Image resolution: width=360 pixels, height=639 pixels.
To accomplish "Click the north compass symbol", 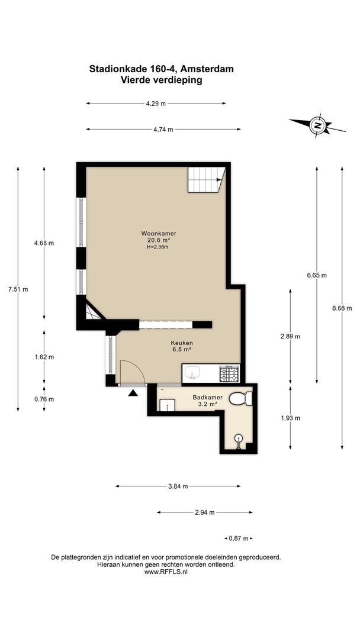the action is [317, 125].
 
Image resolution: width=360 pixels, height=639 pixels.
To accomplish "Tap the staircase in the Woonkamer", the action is [206, 180].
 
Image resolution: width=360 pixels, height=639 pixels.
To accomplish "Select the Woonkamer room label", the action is [159, 234].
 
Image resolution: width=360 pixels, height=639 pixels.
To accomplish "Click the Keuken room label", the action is [182, 343].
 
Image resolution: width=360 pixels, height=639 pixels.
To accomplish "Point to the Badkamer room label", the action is [207, 398].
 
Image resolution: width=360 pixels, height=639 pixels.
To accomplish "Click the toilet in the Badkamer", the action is [240, 398].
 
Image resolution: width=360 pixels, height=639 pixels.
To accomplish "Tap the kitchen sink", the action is [192, 373].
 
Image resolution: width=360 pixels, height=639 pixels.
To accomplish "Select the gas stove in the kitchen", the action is [229, 374].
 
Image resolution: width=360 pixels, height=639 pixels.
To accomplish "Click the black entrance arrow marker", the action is [133, 393].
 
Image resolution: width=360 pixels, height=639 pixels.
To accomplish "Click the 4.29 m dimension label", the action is [156, 104].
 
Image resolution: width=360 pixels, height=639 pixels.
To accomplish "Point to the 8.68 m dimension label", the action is [342, 308].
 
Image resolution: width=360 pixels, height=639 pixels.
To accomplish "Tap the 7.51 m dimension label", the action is [18, 290].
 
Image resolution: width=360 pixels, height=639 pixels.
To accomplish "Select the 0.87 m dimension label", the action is [239, 538].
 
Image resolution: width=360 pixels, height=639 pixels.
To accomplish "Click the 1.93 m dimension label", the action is [290, 418].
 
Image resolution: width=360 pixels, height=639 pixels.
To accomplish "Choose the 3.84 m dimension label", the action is [178, 486].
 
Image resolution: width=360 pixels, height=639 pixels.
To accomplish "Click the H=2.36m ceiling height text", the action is [157, 247].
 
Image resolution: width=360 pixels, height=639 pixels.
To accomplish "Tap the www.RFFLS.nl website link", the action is [166, 572].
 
